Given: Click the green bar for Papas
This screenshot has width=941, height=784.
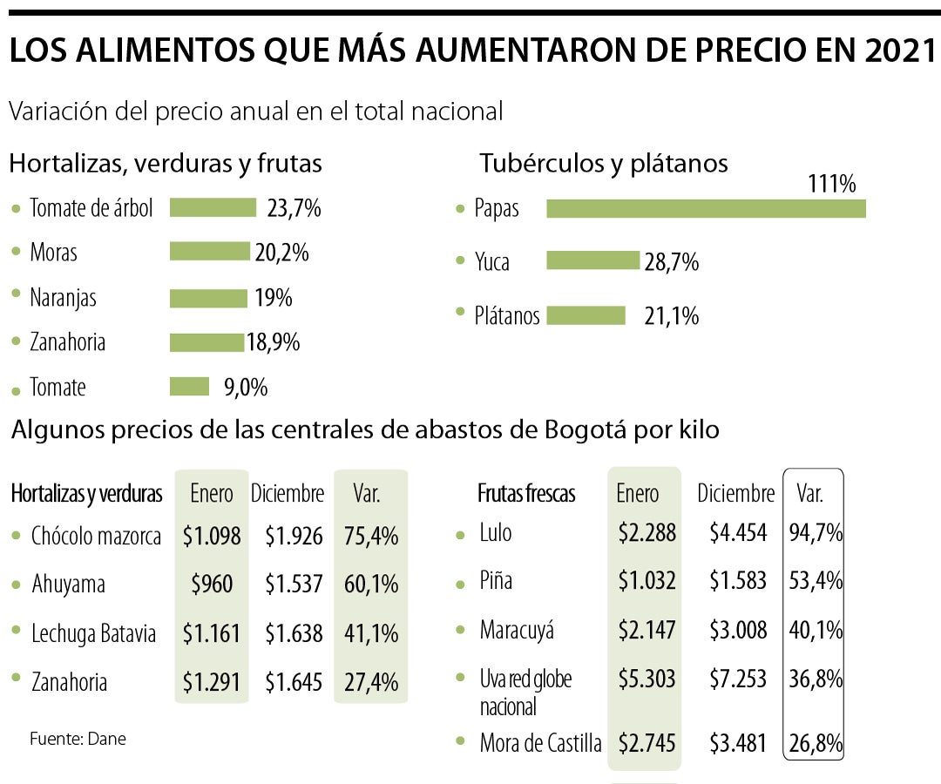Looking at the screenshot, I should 706,209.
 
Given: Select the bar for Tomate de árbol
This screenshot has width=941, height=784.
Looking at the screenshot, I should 213,207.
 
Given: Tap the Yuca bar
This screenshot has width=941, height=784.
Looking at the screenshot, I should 592,260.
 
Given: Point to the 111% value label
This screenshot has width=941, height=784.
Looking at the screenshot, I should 831,184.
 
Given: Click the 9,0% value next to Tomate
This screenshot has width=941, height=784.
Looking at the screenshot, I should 246,387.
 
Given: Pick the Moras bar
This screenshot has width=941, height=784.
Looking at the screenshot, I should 209,252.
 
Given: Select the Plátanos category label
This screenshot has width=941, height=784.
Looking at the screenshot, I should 507,315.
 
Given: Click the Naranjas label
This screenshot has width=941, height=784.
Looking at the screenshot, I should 63,297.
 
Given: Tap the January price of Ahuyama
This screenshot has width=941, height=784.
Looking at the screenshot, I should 212,583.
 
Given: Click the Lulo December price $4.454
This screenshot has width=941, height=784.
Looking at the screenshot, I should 737,532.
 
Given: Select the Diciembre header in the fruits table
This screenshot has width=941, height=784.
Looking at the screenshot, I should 735,494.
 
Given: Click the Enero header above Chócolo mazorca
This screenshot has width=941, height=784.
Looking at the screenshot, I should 212,494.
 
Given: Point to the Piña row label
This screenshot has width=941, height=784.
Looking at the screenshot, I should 495,580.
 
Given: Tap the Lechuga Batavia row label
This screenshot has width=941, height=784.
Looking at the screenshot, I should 93,632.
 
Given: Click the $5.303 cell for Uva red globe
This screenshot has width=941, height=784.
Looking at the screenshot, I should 647,679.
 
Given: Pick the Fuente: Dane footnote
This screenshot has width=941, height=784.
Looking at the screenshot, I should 78,739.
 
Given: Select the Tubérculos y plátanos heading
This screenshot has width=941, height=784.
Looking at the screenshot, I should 603,163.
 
